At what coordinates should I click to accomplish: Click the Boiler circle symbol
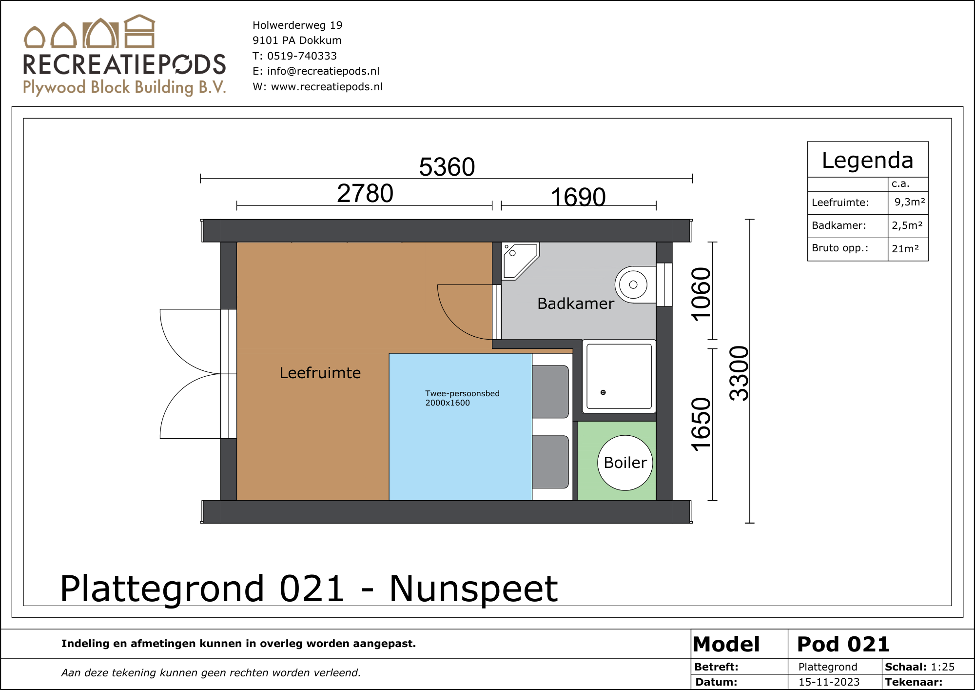625,463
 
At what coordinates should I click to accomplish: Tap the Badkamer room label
576,304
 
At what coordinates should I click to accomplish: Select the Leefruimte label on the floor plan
320,373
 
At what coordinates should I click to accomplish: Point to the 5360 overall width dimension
447,167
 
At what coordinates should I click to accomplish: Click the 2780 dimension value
365,193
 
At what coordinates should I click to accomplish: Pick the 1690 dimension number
578,197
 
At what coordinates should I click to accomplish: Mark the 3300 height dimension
739,373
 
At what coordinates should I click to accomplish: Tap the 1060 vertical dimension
702,294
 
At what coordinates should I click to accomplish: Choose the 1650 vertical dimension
702,424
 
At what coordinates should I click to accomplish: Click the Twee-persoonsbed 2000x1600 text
462,398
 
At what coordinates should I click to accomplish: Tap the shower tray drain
603,392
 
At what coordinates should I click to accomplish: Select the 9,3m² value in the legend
910,202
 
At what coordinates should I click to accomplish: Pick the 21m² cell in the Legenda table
905,248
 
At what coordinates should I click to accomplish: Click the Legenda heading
867,160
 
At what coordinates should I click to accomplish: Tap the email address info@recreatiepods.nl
323,71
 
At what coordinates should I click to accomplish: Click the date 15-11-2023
829,682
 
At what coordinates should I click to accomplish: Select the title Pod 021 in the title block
843,644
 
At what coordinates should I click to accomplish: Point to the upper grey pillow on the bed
550,392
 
